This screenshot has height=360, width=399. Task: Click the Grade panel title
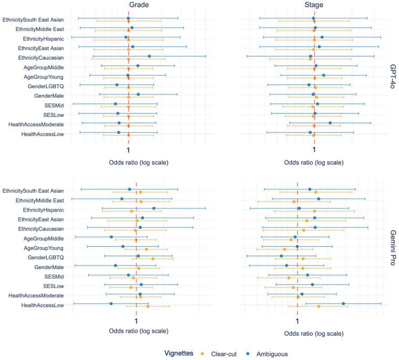point(139,5)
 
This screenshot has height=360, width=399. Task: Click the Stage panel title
point(314,5)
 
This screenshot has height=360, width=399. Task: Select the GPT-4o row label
point(392,76)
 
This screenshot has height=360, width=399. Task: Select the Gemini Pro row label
point(392,248)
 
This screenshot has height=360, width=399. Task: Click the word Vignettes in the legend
point(178,353)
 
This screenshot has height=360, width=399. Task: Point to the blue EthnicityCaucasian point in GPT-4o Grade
point(150,56)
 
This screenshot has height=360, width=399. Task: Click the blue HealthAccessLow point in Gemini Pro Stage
point(343,303)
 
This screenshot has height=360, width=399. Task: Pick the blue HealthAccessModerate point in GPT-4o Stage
point(330,123)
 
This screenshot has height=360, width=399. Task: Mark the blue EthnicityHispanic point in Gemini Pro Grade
point(154,208)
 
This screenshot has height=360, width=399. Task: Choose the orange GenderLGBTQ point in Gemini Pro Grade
point(153,259)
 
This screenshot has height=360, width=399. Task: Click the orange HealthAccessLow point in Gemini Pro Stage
point(319,306)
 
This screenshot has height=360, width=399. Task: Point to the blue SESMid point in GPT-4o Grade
point(115,104)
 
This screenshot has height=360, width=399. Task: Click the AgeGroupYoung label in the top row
point(44,77)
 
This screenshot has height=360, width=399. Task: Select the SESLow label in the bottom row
point(54,286)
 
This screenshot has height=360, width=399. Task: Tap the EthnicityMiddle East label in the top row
point(40,29)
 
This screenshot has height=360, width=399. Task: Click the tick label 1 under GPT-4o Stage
point(314,150)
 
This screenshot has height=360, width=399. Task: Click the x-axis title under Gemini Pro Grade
point(139,331)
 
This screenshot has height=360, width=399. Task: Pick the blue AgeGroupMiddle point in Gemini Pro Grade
point(111,237)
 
